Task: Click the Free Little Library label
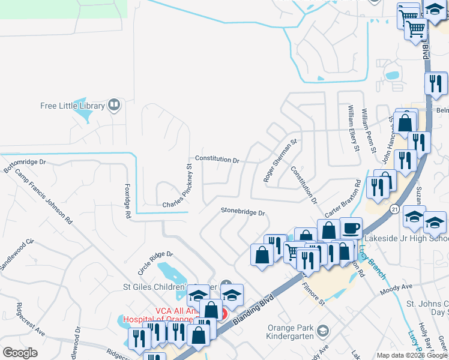(72, 106)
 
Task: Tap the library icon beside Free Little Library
(114, 106)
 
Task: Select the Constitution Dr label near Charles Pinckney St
(217, 160)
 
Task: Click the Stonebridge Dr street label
(243, 211)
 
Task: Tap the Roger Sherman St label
(280, 161)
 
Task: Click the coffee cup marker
(351, 228)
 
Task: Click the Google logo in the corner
(20, 353)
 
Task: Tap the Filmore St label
(313, 293)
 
